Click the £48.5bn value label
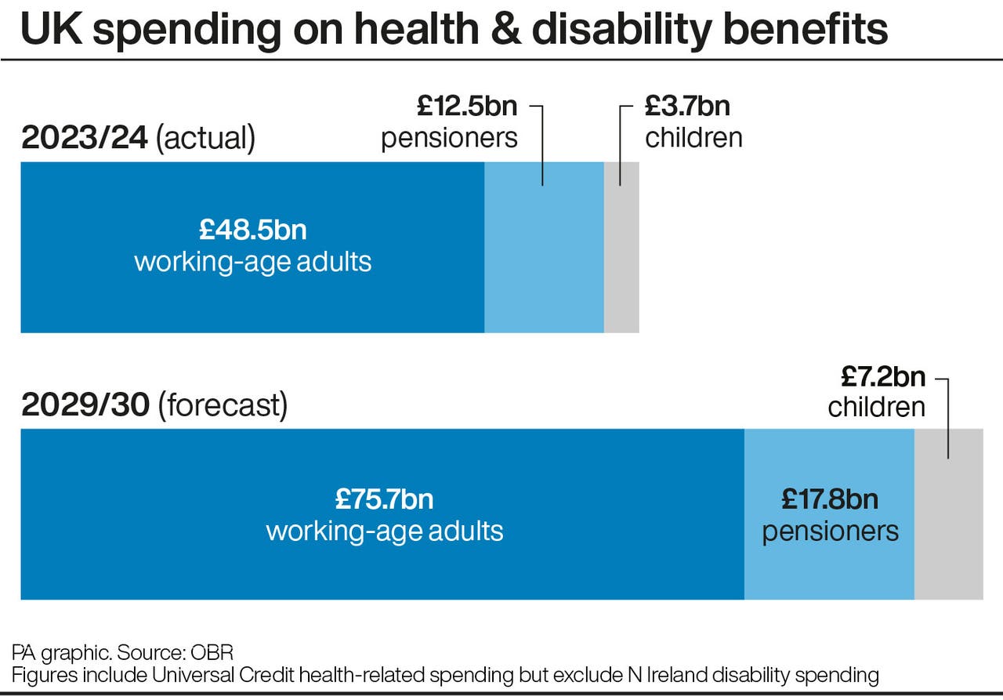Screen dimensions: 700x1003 (x=252, y=230)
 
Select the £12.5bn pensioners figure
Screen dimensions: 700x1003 (x=467, y=106)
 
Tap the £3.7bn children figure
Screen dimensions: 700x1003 (x=687, y=106)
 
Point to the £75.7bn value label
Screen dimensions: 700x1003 (x=384, y=499)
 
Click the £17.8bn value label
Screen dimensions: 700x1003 (x=830, y=499)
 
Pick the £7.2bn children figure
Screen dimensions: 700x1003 (x=883, y=377)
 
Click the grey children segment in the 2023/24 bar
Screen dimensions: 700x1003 (x=621, y=259)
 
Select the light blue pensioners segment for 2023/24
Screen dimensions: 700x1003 (x=544, y=259)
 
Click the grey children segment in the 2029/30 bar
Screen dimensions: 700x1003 (x=948, y=533)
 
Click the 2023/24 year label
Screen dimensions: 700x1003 (x=85, y=138)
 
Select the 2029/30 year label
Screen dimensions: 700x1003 (x=85, y=405)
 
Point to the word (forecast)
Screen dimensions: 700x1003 (x=223, y=405)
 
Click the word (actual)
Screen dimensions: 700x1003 (x=206, y=138)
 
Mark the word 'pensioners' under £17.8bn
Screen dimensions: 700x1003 (x=830, y=531)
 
